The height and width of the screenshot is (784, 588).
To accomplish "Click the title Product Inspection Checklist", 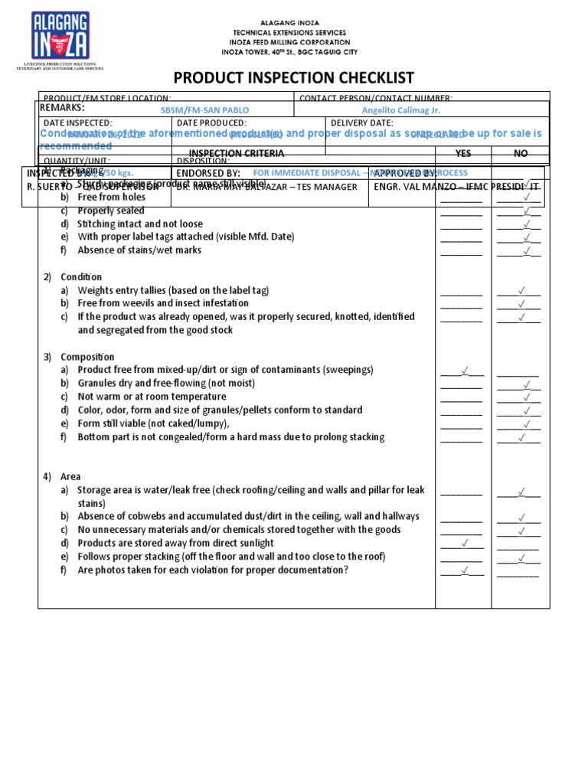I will pyautogui.click(x=294, y=77).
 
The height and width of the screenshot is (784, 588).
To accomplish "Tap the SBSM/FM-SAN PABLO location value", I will pyautogui.click(x=204, y=110).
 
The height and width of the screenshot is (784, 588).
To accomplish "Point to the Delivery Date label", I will pyautogui.click(x=362, y=122).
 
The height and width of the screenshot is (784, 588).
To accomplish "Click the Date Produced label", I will pyautogui.click(x=211, y=122).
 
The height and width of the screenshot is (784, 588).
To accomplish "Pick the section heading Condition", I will pyautogui.click(x=87, y=276).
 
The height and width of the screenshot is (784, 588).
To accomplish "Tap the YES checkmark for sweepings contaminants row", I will pyautogui.click(x=464, y=371).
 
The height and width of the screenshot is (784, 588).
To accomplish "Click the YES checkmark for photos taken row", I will pyautogui.click(x=464, y=570).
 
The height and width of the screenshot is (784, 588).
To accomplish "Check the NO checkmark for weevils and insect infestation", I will pyautogui.click(x=521, y=304).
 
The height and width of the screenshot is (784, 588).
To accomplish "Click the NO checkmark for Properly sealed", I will pyautogui.click(x=526, y=211).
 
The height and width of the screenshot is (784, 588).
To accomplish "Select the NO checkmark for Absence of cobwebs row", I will pyautogui.click(x=521, y=517).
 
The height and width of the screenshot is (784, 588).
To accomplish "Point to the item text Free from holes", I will pyautogui.click(x=111, y=197).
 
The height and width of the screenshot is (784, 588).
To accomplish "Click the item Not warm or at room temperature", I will pyautogui.click(x=152, y=397).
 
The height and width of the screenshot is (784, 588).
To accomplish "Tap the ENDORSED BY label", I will pyautogui.click(x=208, y=173).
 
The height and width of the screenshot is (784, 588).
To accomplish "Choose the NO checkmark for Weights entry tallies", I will pyautogui.click(x=521, y=290).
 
